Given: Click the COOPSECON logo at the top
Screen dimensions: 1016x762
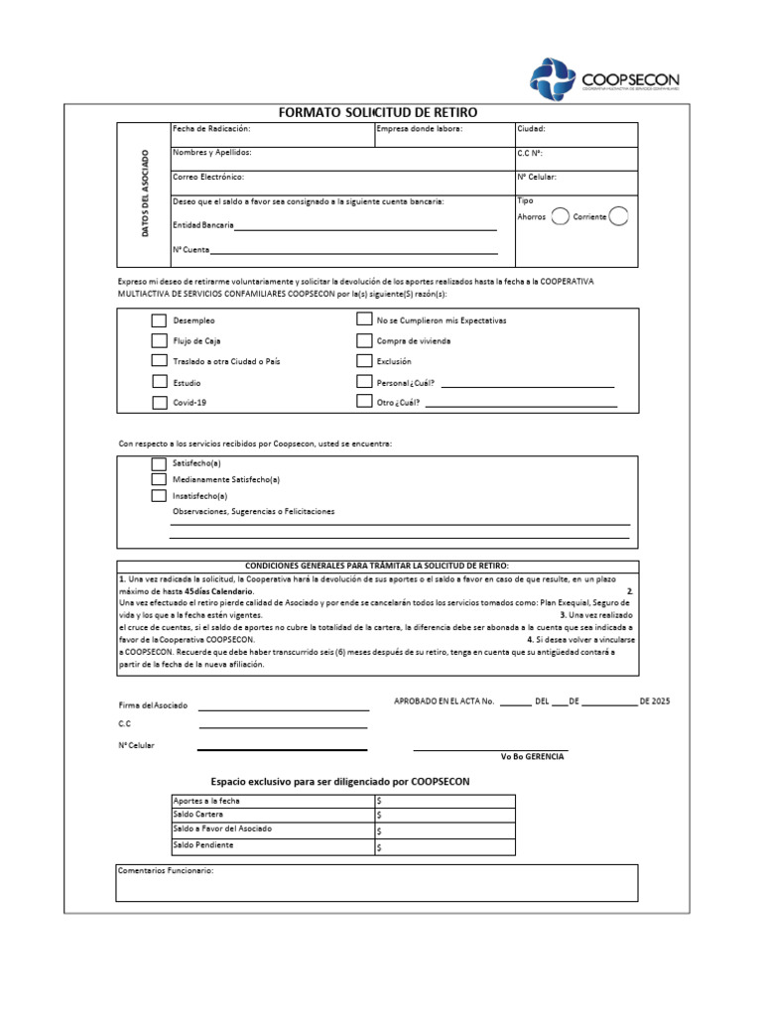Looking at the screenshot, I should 604,79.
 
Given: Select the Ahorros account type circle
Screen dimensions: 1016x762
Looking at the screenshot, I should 560,217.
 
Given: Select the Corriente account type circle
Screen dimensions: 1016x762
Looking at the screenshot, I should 618,217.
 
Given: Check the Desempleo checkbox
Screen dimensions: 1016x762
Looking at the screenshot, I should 159,320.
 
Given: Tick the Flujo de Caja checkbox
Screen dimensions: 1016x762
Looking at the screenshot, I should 159,340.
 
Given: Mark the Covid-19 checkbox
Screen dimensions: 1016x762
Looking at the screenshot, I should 159,403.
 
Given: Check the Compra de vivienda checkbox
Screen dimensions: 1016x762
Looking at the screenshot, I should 364,340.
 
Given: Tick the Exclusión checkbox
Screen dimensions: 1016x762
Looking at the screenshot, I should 364,361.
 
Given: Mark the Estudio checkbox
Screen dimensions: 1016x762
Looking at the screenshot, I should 159,382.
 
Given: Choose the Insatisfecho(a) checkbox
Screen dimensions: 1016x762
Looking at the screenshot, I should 159,495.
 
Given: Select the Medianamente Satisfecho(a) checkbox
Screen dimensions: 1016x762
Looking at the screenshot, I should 159,479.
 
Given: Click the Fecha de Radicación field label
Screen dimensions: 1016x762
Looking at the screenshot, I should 211,129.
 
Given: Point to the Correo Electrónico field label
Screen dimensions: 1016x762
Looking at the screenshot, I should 208,177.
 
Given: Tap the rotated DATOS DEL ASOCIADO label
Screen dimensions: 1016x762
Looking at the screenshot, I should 144,193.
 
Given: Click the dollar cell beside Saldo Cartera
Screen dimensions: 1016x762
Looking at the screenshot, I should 444,815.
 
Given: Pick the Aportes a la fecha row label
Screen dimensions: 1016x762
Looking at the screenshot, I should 206,800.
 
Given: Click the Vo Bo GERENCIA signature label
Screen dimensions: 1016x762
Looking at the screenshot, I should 532,757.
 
